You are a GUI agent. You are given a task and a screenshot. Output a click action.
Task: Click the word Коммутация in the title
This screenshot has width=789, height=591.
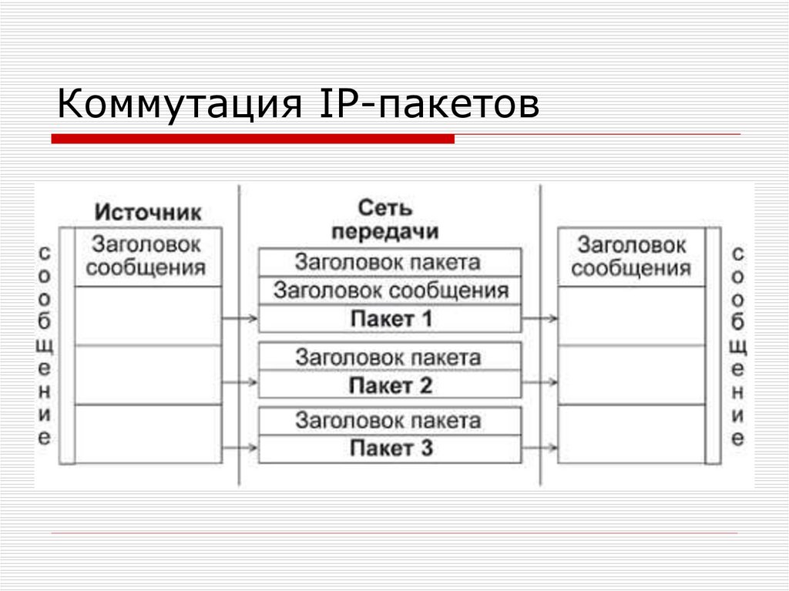(x=179, y=105)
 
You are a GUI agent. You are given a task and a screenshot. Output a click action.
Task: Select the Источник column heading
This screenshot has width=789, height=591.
(x=148, y=213)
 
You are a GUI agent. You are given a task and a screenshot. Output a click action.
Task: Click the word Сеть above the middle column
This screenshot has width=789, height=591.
(x=385, y=208)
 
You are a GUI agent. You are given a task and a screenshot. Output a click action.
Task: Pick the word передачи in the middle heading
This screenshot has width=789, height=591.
(x=385, y=232)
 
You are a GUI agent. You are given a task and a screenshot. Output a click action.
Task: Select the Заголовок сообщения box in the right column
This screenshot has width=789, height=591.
(x=631, y=257)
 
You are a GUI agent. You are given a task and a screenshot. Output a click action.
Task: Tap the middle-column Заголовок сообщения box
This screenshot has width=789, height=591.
(x=390, y=290)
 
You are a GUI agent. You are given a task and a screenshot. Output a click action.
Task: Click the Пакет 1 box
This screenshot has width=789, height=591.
(x=390, y=318)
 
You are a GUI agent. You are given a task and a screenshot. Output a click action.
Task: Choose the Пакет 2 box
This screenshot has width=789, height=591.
(x=390, y=385)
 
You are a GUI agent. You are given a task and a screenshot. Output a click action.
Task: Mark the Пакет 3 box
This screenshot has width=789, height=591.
(x=390, y=448)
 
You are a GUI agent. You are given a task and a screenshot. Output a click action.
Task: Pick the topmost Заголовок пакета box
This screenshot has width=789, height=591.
(x=390, y=262)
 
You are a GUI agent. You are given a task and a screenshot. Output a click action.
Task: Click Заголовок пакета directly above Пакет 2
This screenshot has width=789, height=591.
(x=390, y=357)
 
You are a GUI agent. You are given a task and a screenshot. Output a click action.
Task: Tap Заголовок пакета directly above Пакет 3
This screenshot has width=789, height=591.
(x=390, y=421)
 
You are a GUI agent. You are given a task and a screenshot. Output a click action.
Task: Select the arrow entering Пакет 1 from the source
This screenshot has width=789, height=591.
(x=240, y=317)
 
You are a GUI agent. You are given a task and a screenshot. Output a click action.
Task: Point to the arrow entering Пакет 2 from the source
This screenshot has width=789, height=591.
(x=240, y=382)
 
